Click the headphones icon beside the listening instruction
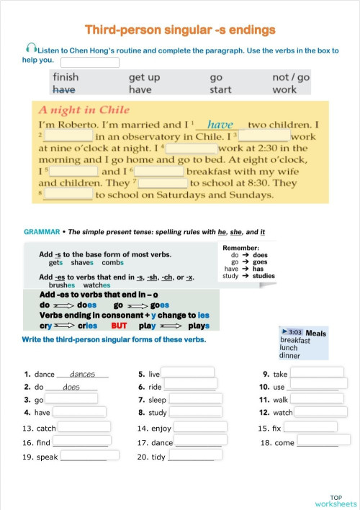click(x=30, y=48)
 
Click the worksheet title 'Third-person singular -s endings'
click(x=180, y=30)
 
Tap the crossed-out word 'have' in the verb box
click(x=65, y=89)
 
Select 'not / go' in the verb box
click(x=291, y=77)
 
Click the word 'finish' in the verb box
click(x=66, y=77)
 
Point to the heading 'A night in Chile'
click(x=84, y=110)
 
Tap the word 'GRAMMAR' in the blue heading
click(x=41, y=232)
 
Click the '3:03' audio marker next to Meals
click(x=294, y=333)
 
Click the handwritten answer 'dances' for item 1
click(x=83, y=374)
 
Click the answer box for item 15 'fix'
click(x=309, y=427)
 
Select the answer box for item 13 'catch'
click(x=85, y=427)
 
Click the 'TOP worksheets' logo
click(x=336, y=501)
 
